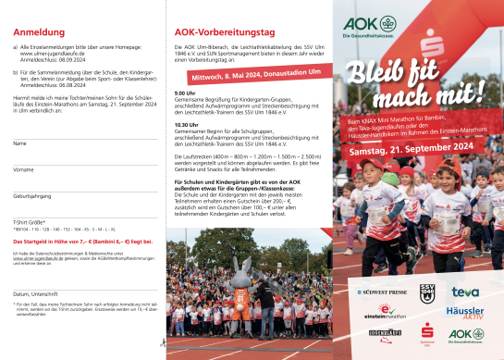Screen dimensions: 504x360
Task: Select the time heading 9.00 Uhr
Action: tap(185, 93)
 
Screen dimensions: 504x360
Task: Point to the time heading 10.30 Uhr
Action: tap(187, 123)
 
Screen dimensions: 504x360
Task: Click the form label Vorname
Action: tap(23, 170)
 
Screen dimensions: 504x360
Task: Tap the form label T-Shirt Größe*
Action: tap(30, 222)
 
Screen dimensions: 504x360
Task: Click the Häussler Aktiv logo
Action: tap(466, 314)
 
